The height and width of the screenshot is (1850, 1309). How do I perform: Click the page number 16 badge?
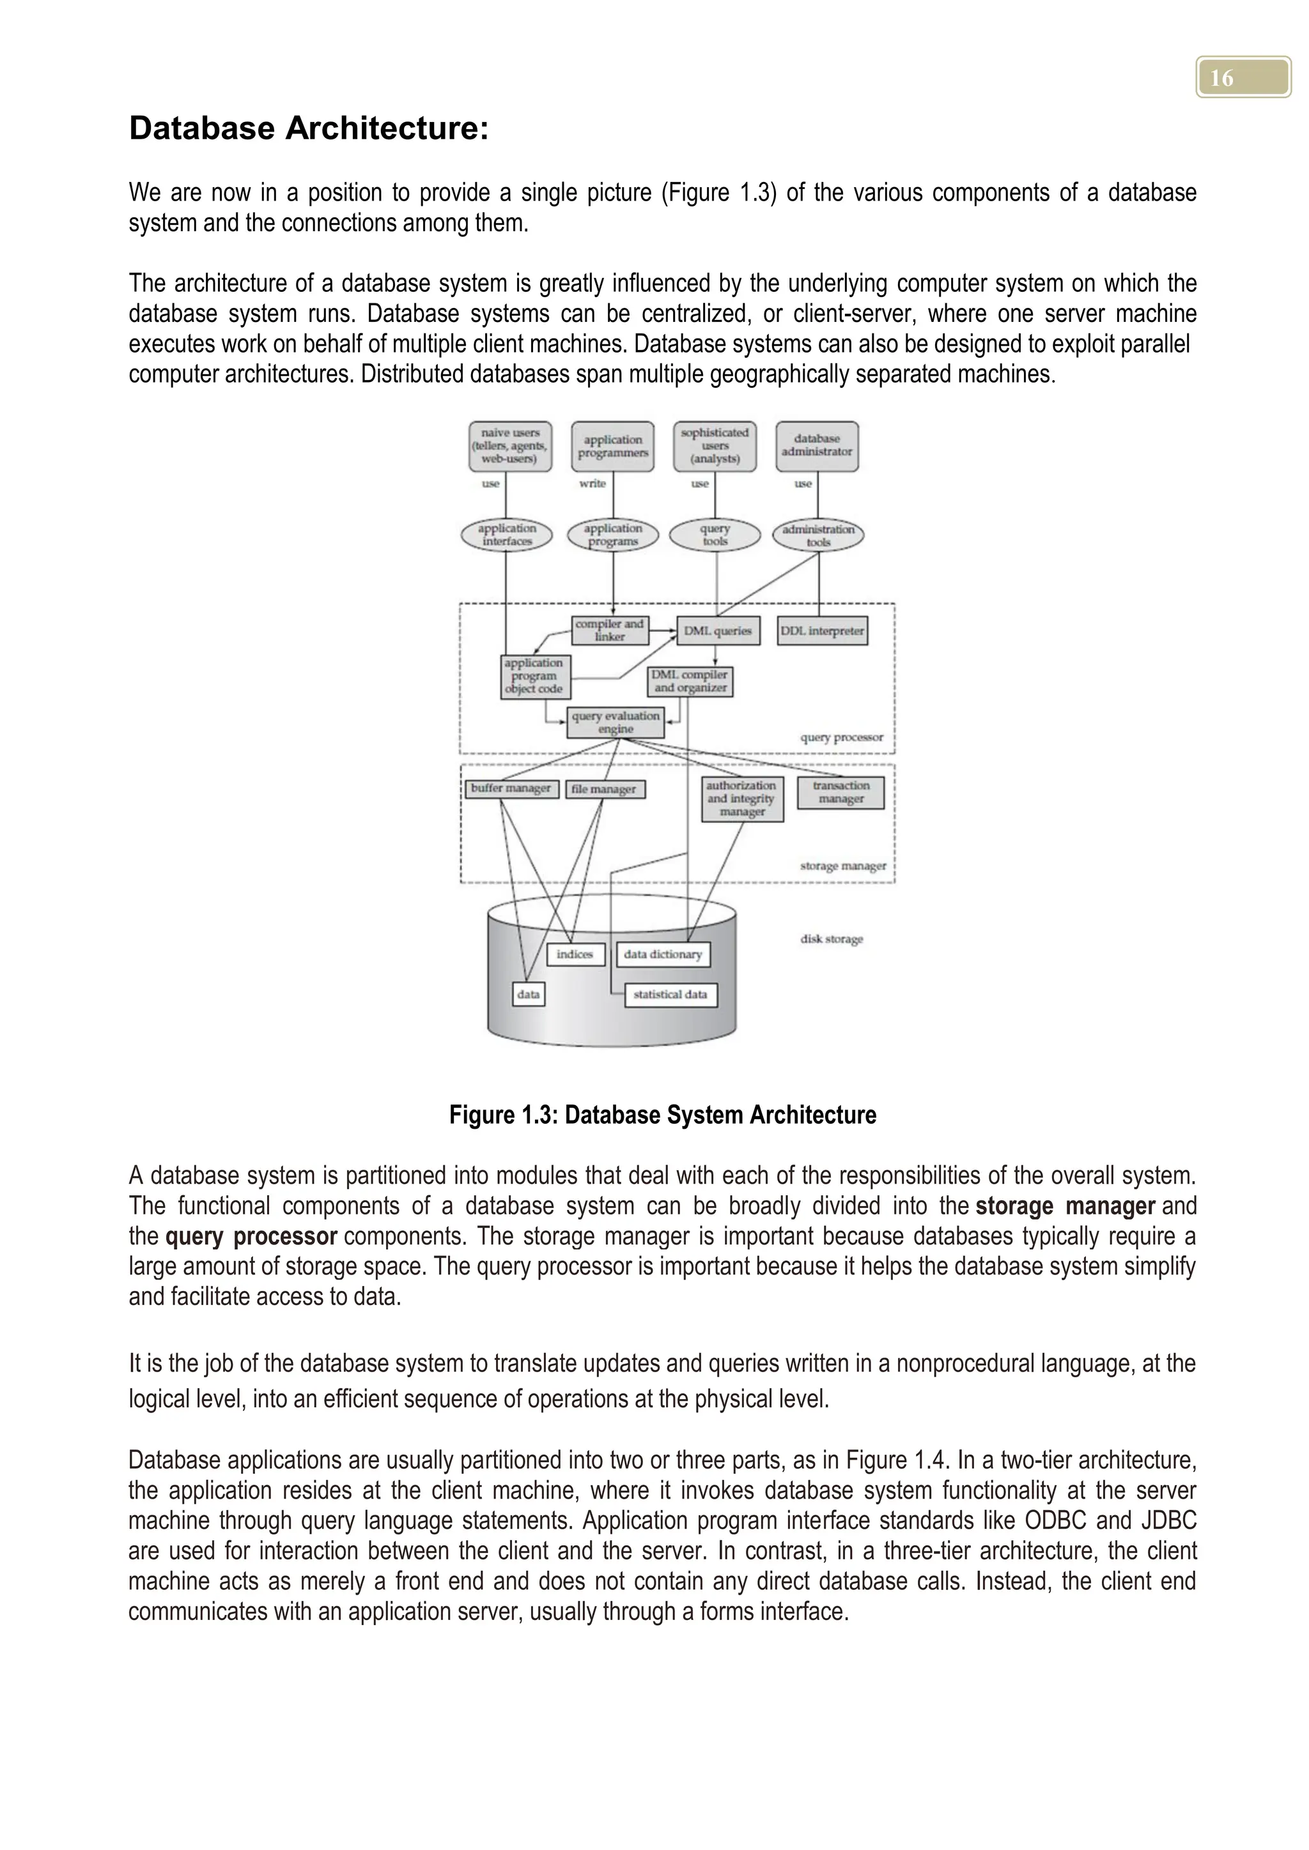tap(1243, 77)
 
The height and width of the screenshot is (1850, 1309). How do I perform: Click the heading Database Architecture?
tap(309, 129)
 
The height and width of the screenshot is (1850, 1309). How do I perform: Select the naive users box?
tap(510, 446)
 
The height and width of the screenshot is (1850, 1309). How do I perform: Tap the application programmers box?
tap(612, 446)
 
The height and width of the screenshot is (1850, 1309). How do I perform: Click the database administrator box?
tap(816, 446)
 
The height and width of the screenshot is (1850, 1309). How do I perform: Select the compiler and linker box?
tap(609, 630)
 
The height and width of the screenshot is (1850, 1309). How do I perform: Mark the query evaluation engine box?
tap(615, 722)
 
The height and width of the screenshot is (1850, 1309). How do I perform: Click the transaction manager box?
tap(840, 792)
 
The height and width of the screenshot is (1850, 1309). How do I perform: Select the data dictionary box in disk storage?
tap(663, 954)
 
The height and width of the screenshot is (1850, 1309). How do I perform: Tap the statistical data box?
tap(670, 994)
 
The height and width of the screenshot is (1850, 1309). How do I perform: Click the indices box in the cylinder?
tap(575, 954)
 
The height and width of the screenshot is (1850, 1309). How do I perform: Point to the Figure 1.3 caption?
tap(663, 1115)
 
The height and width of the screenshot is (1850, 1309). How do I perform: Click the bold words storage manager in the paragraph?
tap(1065, 1206)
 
